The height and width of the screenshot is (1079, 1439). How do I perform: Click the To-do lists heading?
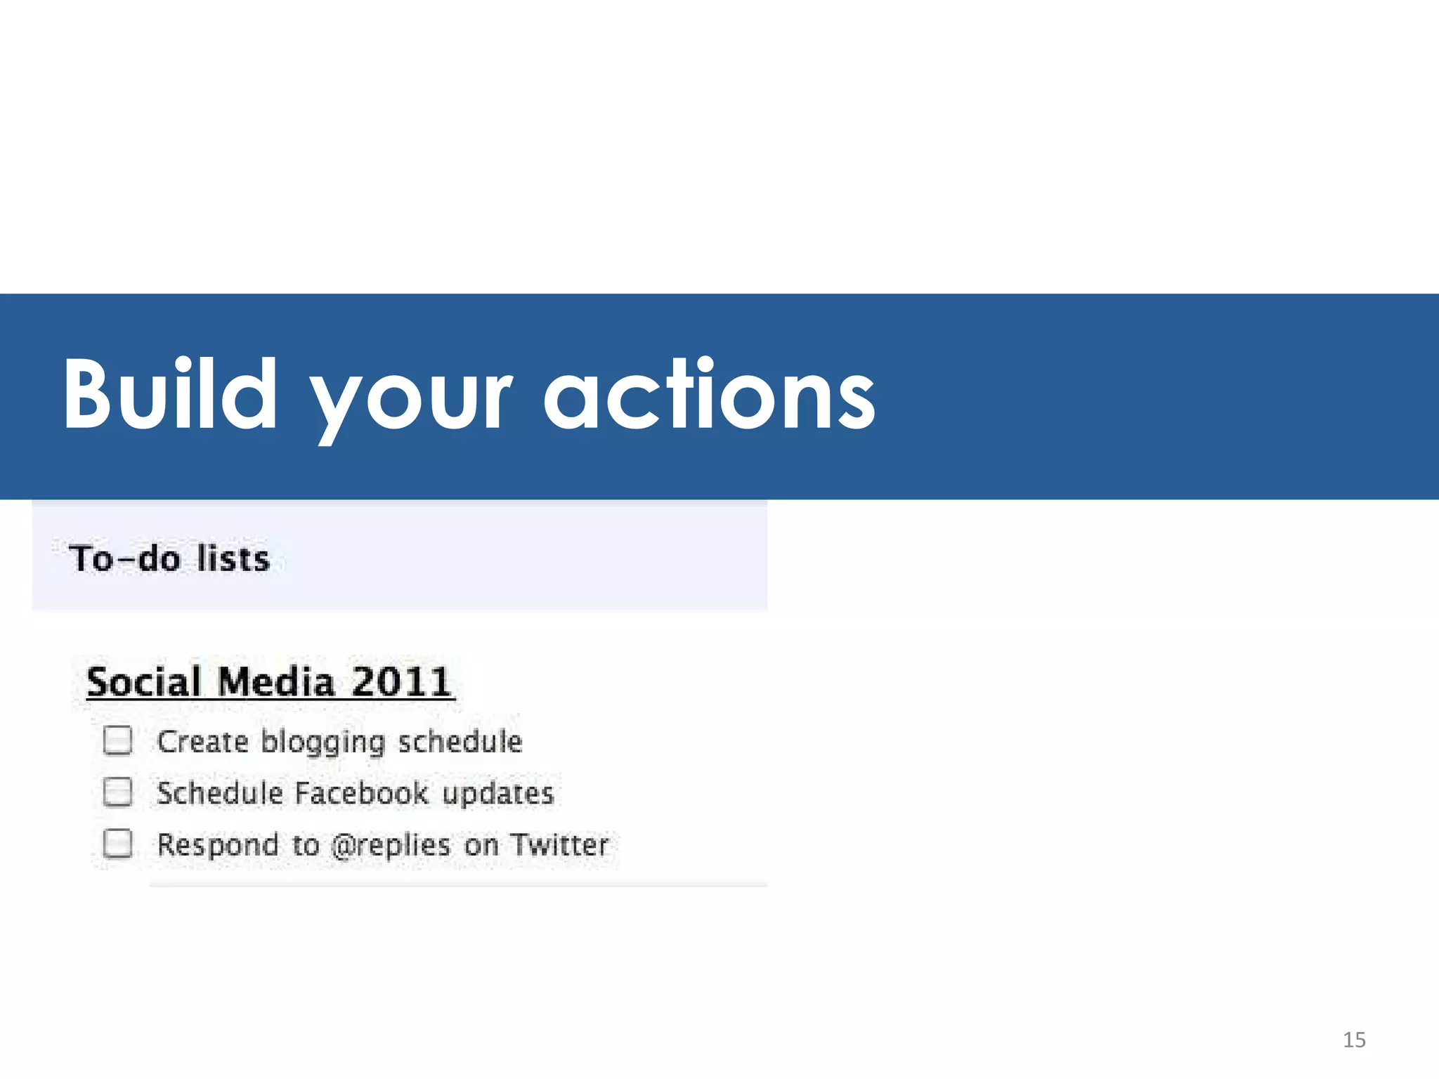click(x=169, y=559)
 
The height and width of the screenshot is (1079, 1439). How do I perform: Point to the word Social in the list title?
click(x=144, y=682)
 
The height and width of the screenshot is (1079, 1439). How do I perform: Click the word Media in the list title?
click(x=275, y=682)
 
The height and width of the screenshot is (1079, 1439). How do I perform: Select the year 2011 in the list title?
click(x=401, y=682)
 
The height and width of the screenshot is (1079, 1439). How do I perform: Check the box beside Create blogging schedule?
click(x=117, y=740)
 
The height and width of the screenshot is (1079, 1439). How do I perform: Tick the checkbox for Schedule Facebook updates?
click(x=117, y=792)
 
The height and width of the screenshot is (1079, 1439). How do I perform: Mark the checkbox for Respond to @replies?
click(x=117, y=844)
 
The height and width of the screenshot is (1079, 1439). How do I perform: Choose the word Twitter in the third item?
click(x=559, y=844)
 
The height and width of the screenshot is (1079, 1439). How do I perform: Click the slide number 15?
click(x=1354, y=1040)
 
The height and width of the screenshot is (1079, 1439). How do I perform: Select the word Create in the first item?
click(x=202, y=742)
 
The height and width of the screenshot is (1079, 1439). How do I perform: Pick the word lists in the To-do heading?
click(x=233, y=559)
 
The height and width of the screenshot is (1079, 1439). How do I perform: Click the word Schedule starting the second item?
click(x=219, y=793)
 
